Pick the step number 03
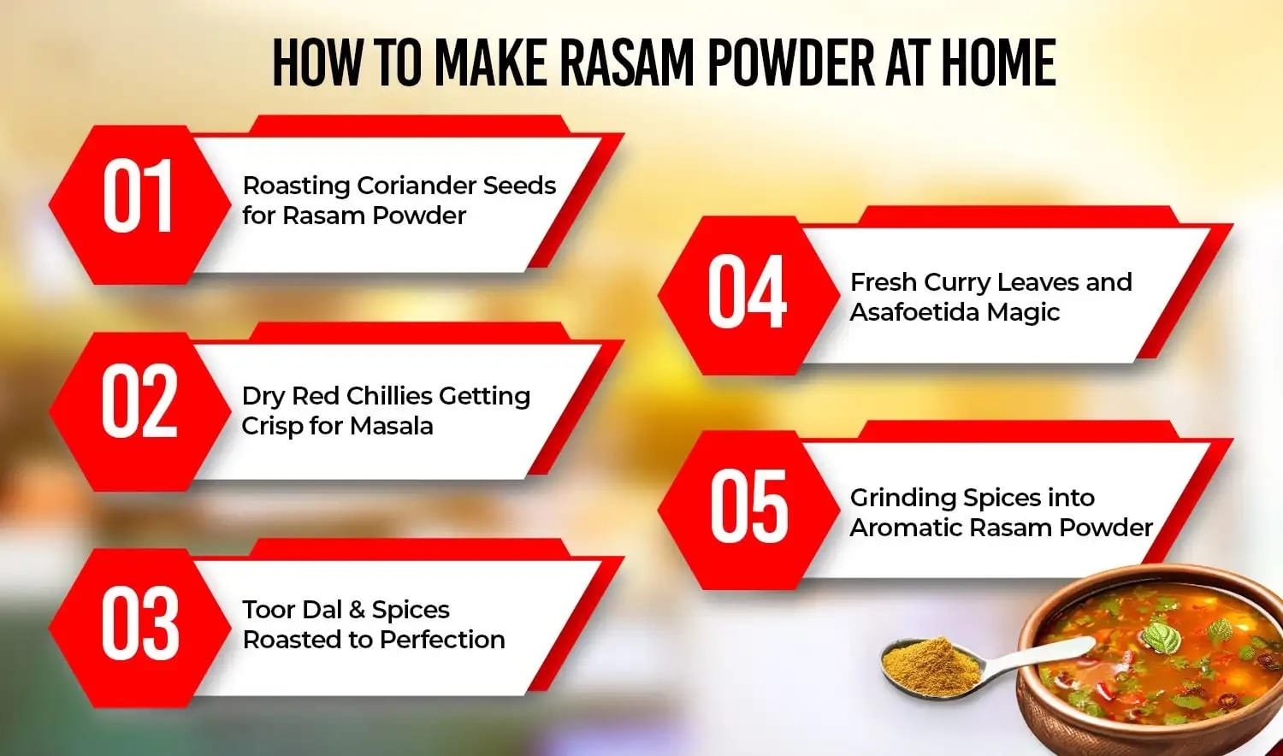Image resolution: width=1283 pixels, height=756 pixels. pos(139,623)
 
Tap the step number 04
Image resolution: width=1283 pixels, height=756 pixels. pos(747,293)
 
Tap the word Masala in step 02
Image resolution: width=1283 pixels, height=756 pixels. pos(391,426)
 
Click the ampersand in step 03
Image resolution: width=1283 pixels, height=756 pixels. pos(358,610)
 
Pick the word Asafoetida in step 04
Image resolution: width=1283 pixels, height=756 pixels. pos(913,312)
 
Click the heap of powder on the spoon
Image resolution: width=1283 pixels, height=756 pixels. pos(931,661)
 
